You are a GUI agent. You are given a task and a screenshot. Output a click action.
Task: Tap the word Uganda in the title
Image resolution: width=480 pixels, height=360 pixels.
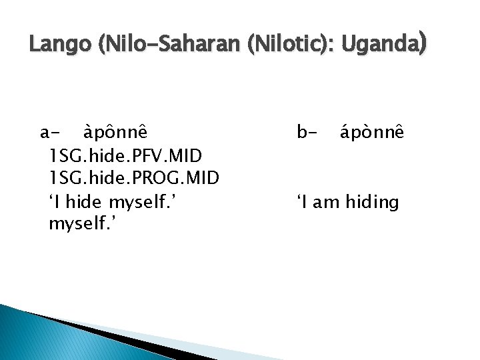click(379, 45)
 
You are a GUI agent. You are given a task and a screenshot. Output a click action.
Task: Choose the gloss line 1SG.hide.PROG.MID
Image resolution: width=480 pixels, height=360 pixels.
click(135, 179)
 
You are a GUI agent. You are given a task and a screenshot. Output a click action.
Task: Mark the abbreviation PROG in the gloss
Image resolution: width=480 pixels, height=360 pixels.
click(169, 179)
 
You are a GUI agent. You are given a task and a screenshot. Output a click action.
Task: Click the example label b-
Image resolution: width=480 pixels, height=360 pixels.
click(307, 133)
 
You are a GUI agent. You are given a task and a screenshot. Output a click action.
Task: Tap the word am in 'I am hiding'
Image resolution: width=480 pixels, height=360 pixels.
click(326, 201)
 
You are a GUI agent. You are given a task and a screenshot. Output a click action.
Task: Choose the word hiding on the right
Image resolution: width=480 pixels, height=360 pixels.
click(371, 202)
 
